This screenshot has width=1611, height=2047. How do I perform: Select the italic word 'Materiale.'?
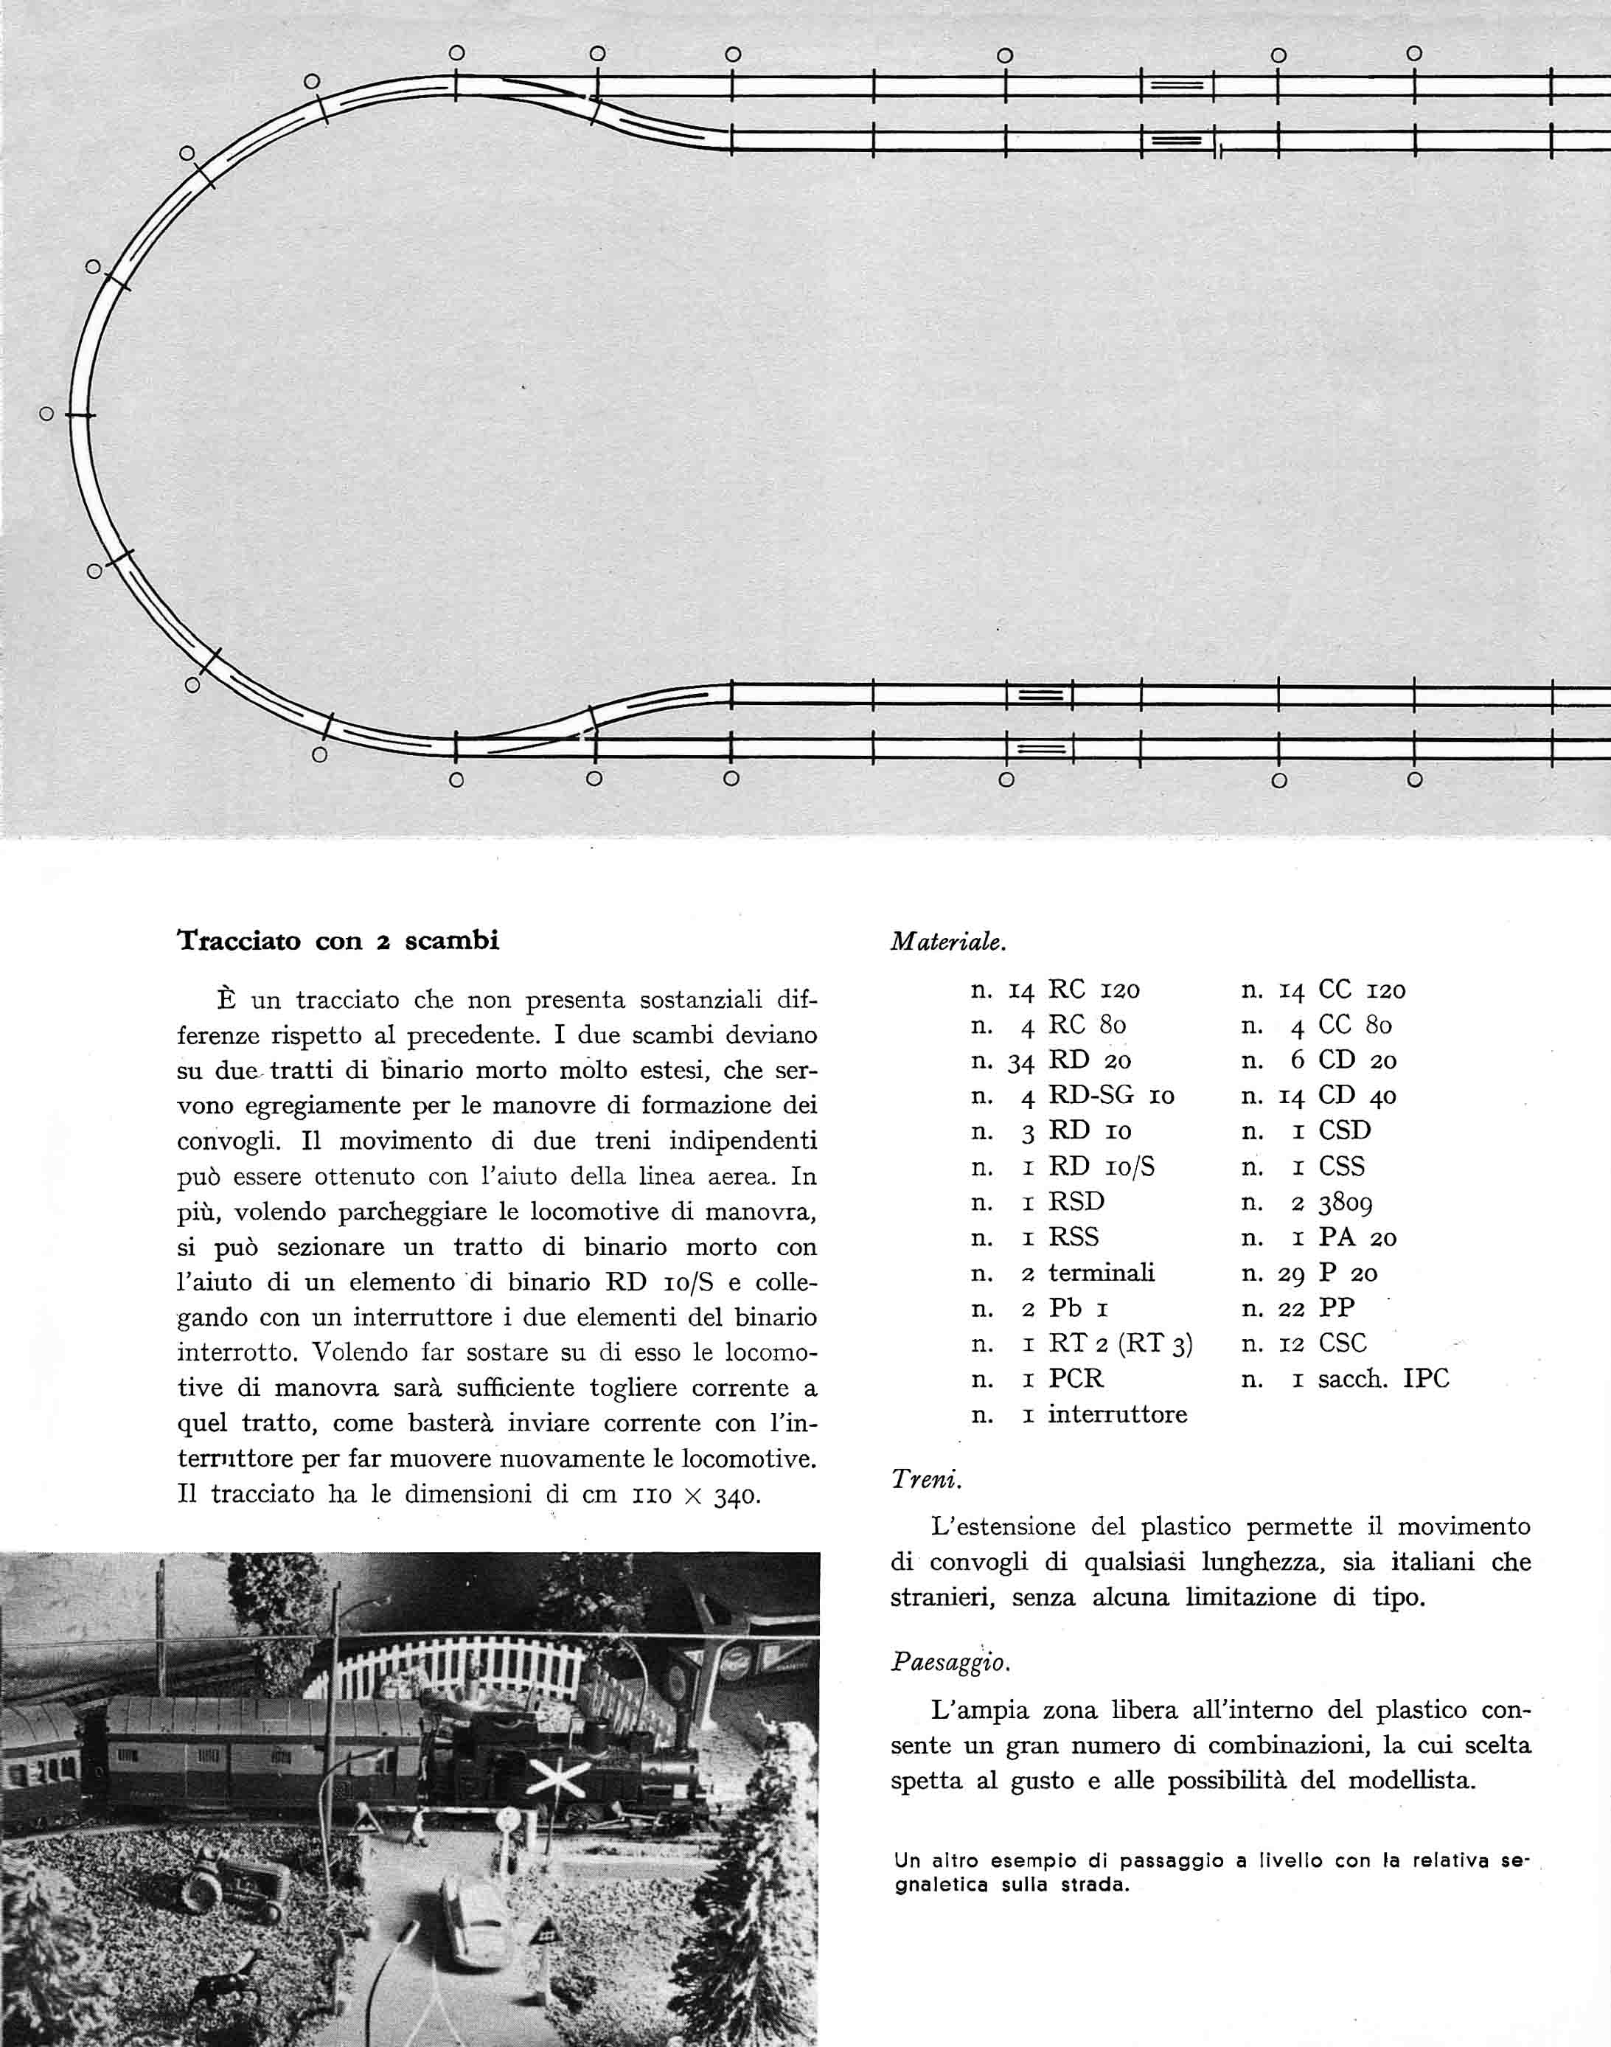coord(948,942)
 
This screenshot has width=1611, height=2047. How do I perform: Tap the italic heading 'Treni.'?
coord(926,1479)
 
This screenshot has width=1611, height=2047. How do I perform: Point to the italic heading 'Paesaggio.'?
coord(950,1661)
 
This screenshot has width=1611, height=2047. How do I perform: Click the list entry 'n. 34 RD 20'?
coord(1051,1060)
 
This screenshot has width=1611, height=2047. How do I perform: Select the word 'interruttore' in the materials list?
coord(1117,1414)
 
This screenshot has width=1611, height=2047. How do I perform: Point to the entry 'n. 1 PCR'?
coord(1037,1379)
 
